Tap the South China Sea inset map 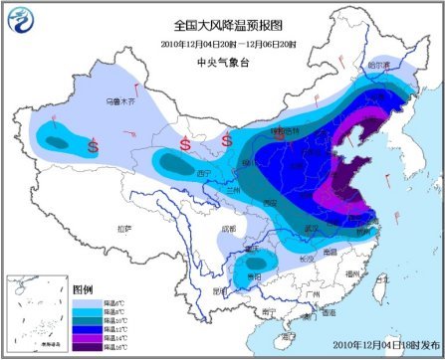[36, 313]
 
